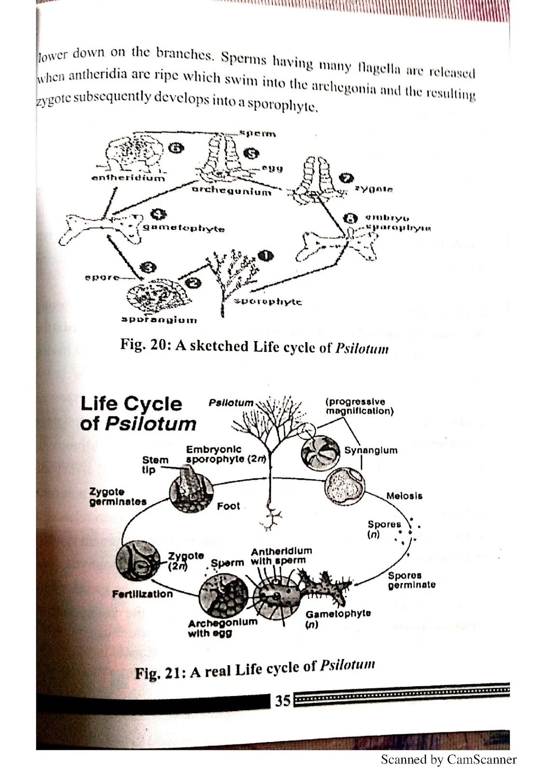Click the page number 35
coord(283,700)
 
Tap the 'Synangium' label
coord(371,450)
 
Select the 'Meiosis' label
coord(404,496)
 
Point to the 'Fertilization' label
coord(142,594)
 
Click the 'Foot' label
coord(228,506)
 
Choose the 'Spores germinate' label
coord(411,580)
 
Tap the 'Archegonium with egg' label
coord(223,627)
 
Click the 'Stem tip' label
coord(155,465)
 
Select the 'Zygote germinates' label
coord(118,497)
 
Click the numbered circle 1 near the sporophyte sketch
coord(266,255)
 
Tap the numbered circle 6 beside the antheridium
coord(177,148)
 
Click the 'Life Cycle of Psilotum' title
coord(138,414)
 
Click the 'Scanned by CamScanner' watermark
coord(448,759)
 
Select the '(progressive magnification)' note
coord(359,406)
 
